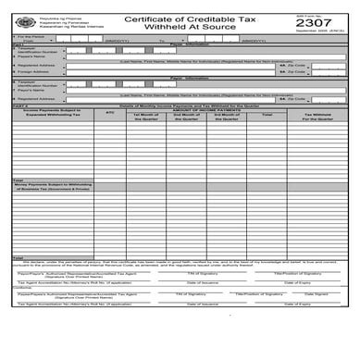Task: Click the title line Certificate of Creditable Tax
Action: [185, 17]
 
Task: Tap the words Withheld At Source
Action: [185, 29]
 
